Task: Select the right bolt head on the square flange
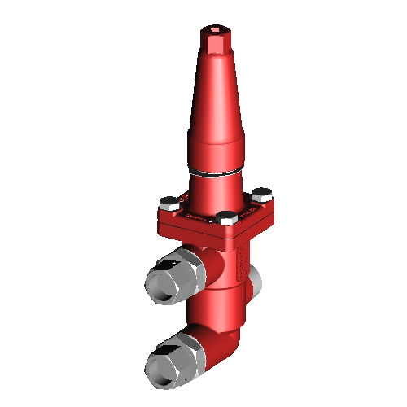(x=261, y=194)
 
